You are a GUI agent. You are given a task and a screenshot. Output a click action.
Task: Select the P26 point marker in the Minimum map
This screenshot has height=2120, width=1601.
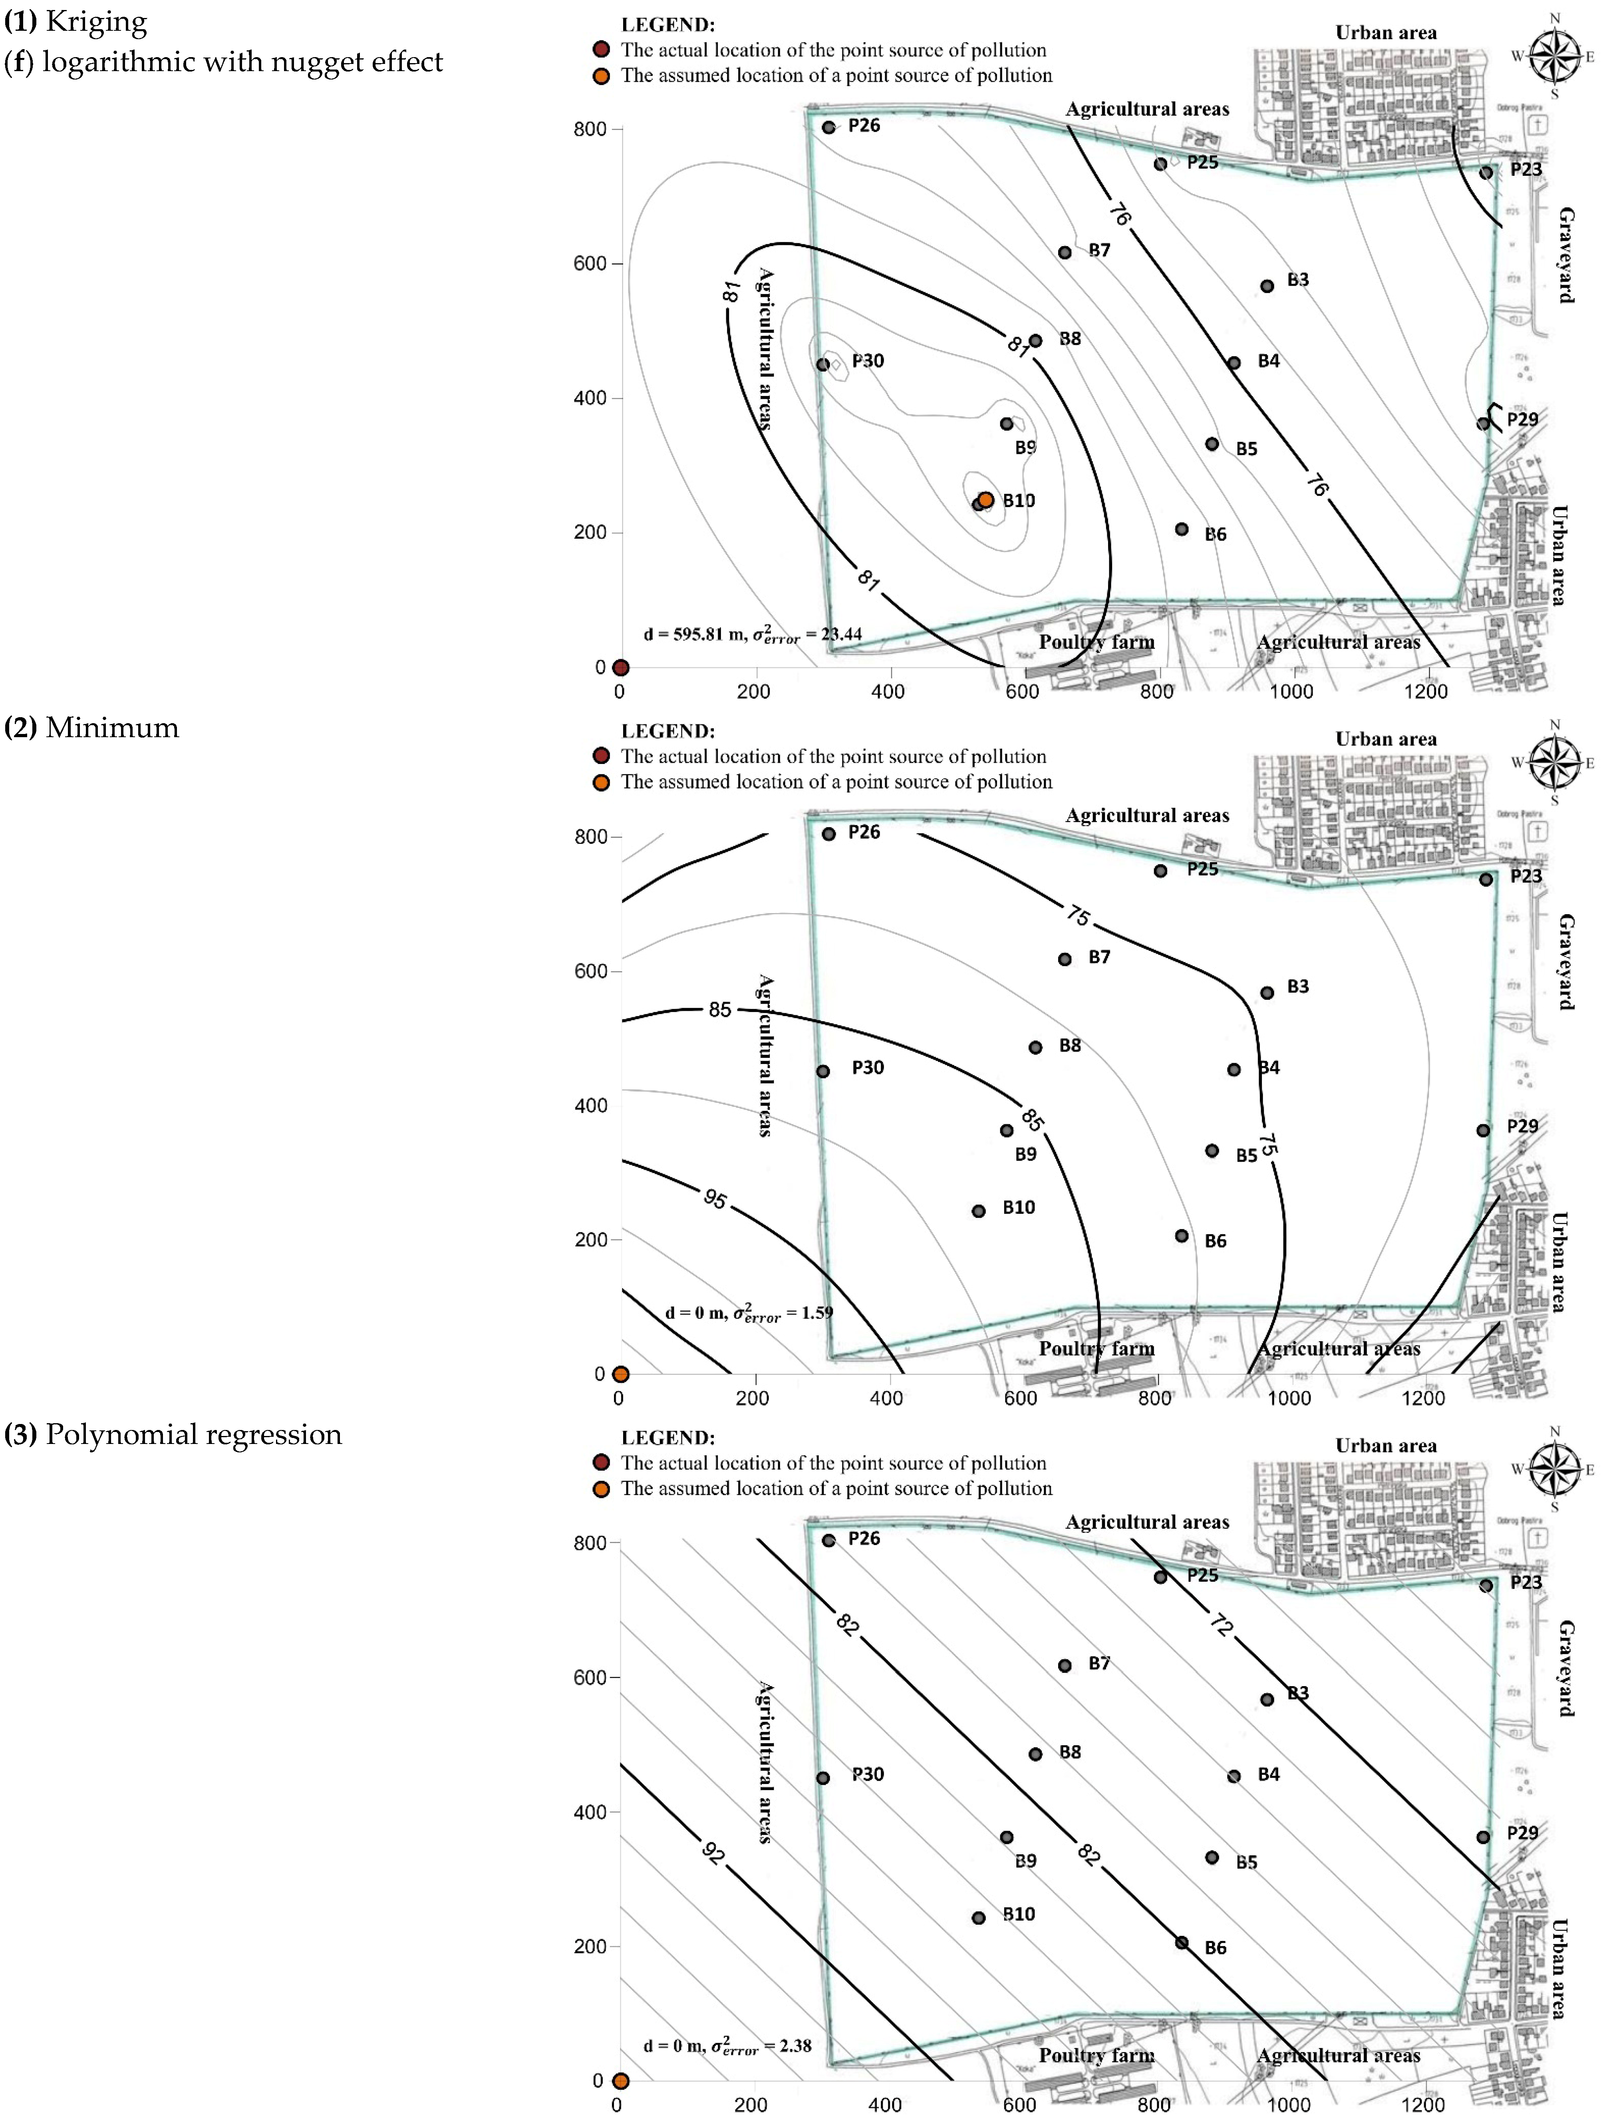coord(829,834)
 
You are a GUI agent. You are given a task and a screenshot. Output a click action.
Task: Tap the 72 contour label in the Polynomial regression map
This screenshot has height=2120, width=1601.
coord(1220,1625)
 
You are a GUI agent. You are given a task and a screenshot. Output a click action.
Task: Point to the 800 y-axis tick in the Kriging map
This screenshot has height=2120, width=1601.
coord(590,129)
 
